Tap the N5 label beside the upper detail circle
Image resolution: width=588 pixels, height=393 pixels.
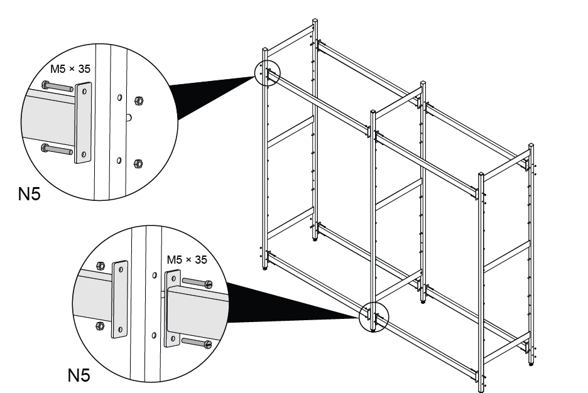coord(29,195)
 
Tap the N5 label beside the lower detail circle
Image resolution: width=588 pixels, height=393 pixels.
coord(79,375)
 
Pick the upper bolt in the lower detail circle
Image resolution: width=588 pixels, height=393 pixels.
coord(197,284)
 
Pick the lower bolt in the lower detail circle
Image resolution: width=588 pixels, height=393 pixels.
coord(197,343)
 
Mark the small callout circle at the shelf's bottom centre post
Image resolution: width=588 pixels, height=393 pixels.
coord(373,315)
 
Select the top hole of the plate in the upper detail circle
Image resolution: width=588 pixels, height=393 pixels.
coord(82,92)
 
